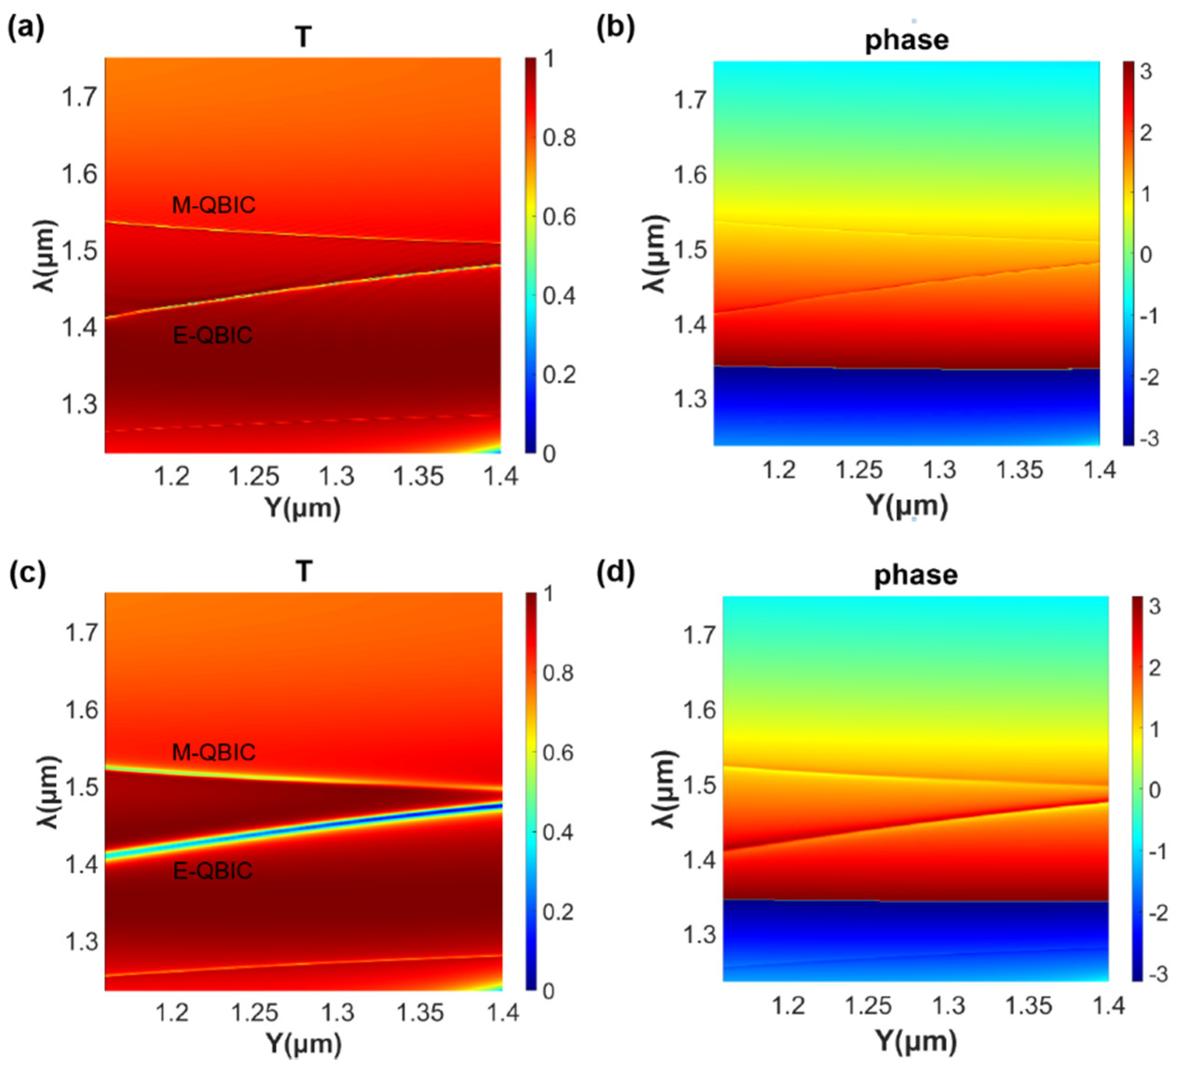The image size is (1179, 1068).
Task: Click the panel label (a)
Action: click(x=26, y=28)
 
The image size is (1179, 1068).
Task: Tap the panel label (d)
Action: click(x=615, y=572)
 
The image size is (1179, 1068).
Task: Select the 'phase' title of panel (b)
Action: click(x=906, y=40)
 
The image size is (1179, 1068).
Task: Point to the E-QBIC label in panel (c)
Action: click(x=213, y=871)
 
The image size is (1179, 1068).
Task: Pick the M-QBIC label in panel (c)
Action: click(x=213, y=752)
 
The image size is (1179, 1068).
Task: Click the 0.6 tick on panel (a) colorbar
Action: click(x=559, y=217)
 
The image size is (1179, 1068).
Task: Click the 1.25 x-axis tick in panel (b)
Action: click(x=859, y=470)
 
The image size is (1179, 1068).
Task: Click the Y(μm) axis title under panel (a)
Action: click(x=303, y=508)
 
